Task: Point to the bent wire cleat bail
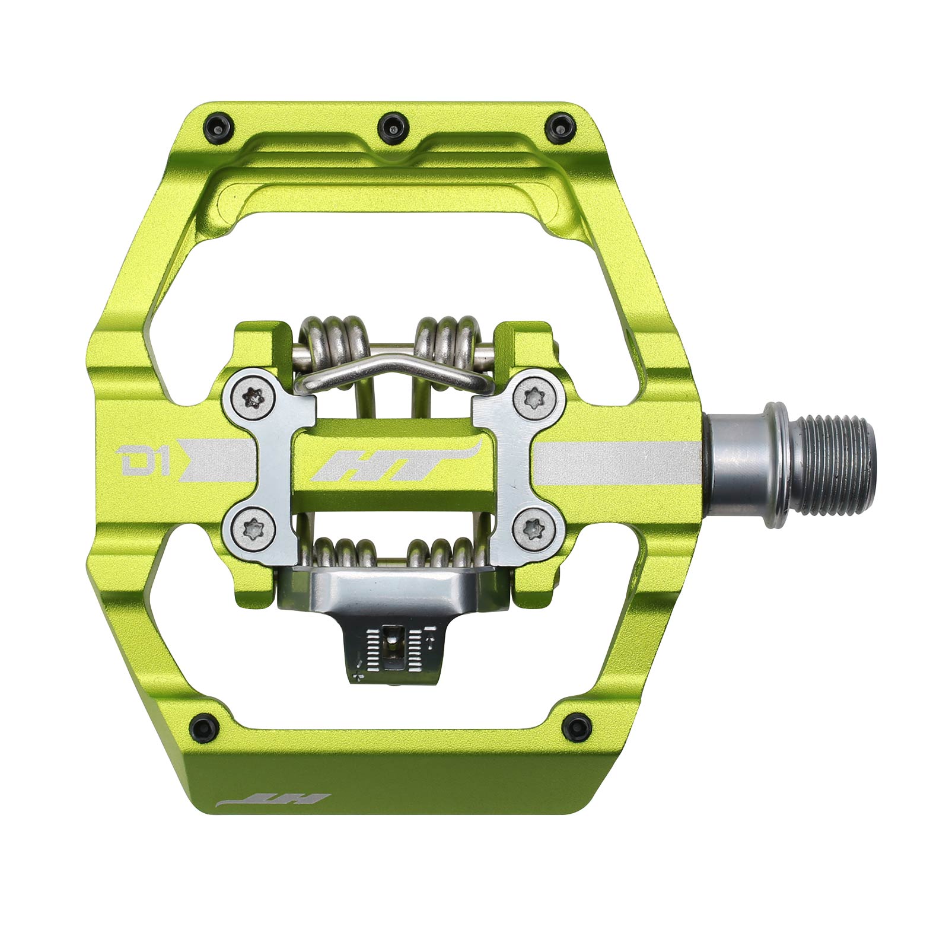pos(391,368)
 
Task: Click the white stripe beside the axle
pos(617,463)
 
